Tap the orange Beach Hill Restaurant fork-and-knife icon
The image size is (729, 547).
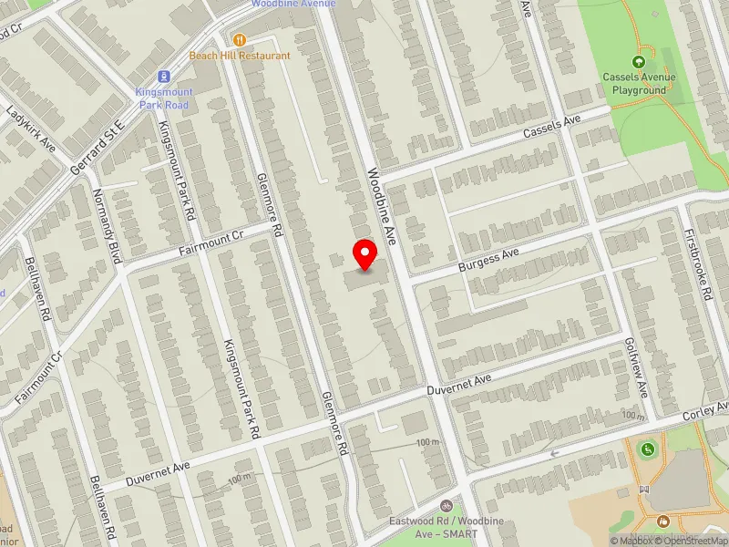240,39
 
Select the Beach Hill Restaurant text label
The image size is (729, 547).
240,56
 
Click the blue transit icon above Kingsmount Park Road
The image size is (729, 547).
163,77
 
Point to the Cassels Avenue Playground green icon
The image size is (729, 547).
639,62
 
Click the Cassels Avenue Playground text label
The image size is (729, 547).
639,84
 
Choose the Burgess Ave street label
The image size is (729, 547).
487,260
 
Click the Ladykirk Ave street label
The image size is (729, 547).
31,129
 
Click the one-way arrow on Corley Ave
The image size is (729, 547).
553,453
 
